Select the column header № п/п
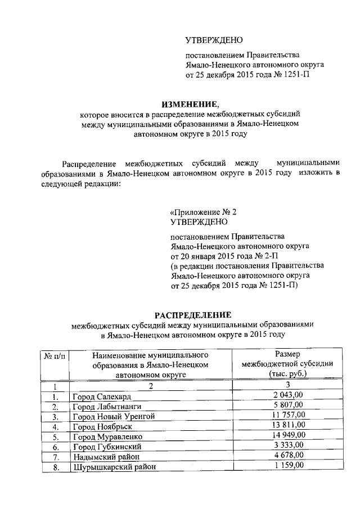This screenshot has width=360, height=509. (x=53, y=355)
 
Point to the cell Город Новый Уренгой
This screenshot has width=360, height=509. (x=112, y=416)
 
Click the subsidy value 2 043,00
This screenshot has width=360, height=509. (x=287, y=395)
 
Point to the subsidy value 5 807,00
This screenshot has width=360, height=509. (x=287, y=405)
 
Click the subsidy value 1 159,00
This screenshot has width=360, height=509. (x=287, y=465)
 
